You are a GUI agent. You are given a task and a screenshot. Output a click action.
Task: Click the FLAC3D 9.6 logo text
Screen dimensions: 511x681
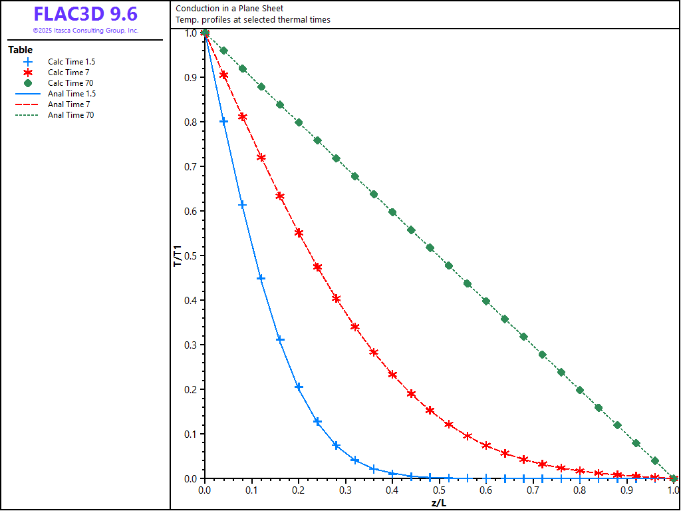(x=85, y=14)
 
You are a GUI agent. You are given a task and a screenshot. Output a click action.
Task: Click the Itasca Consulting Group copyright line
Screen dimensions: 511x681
(x=85, y=31)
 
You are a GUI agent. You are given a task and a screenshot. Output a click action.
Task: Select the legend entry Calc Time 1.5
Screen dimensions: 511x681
(x=71, y=62)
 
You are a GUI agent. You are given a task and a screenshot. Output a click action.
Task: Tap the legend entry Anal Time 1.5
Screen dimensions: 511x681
(x=71, y=94)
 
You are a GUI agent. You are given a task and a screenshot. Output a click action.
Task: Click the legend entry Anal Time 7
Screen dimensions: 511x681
(x=68, y=104)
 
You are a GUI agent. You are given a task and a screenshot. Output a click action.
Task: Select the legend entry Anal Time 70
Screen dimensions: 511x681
(x=70, y=115)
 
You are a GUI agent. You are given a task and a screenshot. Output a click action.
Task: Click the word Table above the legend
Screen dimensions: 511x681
(x=20, y=50)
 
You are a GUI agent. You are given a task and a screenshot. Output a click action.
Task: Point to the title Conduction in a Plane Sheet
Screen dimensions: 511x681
(x=229, y=9)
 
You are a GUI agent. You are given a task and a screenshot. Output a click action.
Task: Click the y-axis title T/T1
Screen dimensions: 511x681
(x=178, y=255)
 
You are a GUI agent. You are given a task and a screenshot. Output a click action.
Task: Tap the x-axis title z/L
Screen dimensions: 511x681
(x=439, y=502)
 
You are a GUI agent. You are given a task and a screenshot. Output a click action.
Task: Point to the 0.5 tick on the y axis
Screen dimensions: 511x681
(x=191, y=255)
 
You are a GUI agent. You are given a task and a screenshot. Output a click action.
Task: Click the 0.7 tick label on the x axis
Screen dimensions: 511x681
(x=533, y=490)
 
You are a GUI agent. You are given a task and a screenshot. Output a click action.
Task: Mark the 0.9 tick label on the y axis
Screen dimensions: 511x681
(x=191, y=77)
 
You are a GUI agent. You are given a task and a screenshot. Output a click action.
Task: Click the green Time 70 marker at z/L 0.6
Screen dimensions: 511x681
(x=486, y=301)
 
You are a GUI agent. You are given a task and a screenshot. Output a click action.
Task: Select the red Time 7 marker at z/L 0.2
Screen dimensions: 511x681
(x=299, y=233)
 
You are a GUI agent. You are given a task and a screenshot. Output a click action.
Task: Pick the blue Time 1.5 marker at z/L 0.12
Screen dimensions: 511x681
(x=261, y=278)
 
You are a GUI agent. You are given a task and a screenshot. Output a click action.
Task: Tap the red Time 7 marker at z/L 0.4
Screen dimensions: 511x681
(x=392, y=375)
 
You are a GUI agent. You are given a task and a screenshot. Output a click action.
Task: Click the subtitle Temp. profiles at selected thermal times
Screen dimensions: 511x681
(x=253, y=20)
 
